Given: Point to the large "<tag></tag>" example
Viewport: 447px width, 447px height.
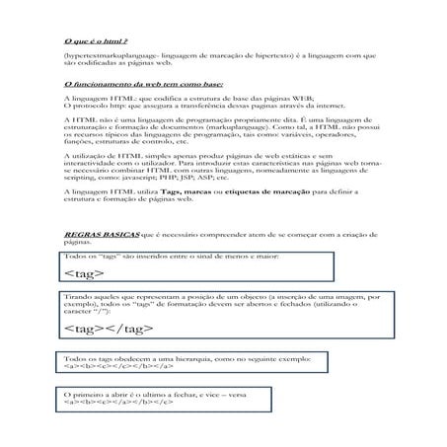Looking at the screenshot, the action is tap(105, 328).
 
